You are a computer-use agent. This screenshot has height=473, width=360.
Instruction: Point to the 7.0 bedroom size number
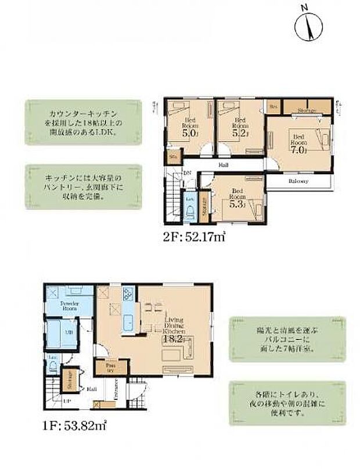[x=297, y=149]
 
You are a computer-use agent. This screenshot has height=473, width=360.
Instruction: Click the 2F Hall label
[x=224, y=165]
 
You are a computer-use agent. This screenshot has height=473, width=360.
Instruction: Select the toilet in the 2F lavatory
[x=190, y=211]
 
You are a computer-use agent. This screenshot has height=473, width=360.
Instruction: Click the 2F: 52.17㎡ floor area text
[x=193, y=237]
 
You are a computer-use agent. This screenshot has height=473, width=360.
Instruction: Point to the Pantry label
[x=109, y=367]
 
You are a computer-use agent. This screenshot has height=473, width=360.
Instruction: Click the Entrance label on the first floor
[x=117, y=387]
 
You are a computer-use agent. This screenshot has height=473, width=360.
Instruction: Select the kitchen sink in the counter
[x=128, y=321]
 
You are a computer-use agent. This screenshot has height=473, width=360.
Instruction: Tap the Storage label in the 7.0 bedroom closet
[x=307, y=110]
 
